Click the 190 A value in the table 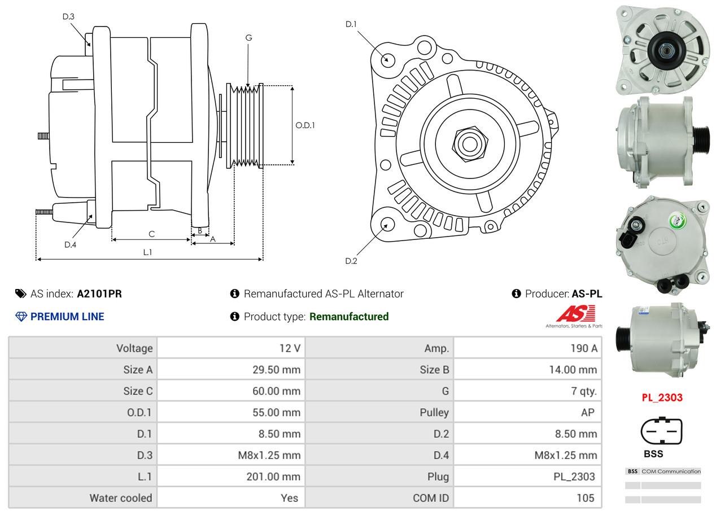584,348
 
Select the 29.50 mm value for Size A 276,370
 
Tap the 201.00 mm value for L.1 273,476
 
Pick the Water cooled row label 121,498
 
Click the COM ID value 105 586,498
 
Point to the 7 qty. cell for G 584,391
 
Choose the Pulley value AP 587,413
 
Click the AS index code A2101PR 99,294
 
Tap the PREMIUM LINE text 67,317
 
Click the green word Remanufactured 349,317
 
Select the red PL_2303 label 662,397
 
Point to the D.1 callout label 351,24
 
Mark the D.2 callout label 351,261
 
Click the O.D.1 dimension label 305,125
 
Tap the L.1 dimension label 147,252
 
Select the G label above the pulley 248,38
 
